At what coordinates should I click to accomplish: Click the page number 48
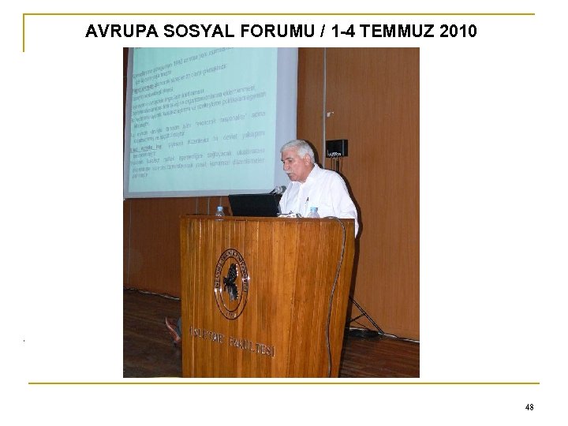[x=529, y=407]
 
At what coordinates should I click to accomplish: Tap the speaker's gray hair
[x=300, y=149]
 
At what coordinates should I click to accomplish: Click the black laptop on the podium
[x=254, y=204]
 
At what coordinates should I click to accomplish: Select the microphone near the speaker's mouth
[x=278, y=189]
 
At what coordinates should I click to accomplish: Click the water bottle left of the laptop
[x=219, y=211]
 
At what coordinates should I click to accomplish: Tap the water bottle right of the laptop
[x=314, y=212]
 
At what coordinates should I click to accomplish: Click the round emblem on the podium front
[x=231, y=282]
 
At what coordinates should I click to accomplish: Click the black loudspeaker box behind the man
[x=337, y=148]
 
